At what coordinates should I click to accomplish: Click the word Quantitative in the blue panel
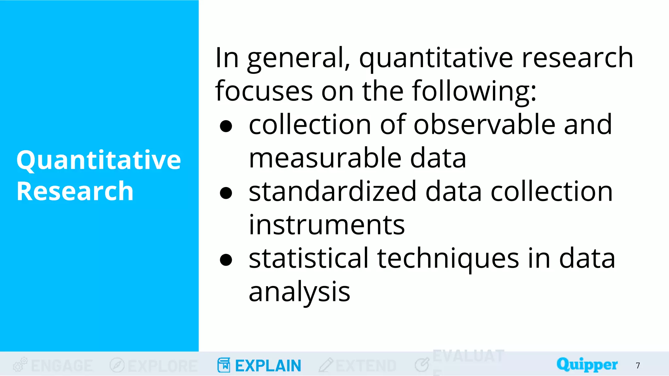(x=98, y=160)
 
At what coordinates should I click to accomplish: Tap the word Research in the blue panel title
(x=75, y=191)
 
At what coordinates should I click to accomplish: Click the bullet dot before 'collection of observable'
(x=226, y=126)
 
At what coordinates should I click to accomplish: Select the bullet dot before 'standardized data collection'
(x=226, y=193)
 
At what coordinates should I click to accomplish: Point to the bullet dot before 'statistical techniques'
(x=226, y=260)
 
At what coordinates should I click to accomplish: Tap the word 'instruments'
(x=326, y=225)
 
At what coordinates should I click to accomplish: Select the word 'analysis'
(x=299, y=292)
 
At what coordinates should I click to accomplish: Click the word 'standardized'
(x=333, y=192)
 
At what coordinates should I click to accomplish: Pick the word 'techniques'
(x=448, y=258)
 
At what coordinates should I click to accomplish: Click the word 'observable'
(x=484, y=125)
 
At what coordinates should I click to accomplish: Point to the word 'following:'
(x=474, y=91)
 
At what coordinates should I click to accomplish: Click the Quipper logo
(x=587, y=364)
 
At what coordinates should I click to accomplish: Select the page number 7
(x=638, y=366)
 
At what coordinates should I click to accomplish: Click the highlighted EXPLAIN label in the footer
(x=268, y=366)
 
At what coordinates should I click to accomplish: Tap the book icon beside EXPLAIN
(x=224, y=365)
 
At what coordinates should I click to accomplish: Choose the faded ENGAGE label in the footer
(x=62, y=366)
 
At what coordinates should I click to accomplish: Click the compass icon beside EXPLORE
(x=117, y=365)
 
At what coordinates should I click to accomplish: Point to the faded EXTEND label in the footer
(x=366, y=366)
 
